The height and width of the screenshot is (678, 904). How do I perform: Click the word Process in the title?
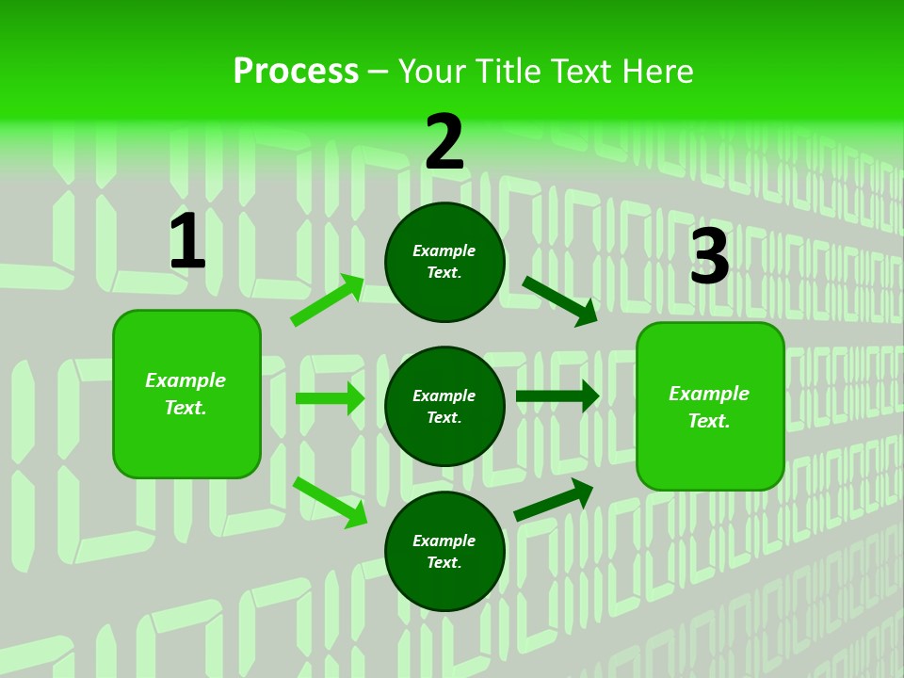(x=296, y=72)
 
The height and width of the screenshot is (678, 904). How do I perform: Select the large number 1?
(x=187, y=242)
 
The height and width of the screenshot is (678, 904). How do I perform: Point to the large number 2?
(x=444, y=142)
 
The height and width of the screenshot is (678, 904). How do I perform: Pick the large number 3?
(x=710, y=257)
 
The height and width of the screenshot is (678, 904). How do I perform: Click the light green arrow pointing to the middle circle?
(x=330, y=398)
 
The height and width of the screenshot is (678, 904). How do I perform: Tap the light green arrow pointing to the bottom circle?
(x=331, y=502)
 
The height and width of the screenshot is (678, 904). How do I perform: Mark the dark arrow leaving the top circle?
(x=560, y=300)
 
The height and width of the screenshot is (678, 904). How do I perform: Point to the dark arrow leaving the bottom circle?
(x=554, y=499)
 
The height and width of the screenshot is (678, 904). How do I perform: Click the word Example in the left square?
(x=186, y=380)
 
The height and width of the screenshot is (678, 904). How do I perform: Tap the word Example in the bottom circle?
(x=444, y=541)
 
